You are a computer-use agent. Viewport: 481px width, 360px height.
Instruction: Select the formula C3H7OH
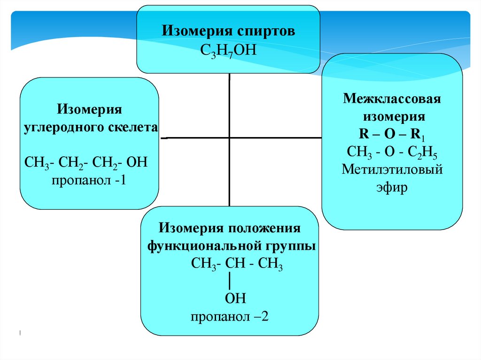228,49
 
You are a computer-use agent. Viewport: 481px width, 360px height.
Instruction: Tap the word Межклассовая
392,100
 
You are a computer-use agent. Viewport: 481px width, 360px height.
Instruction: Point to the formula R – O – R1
392,134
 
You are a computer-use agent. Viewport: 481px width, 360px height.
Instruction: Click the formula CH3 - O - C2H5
392,152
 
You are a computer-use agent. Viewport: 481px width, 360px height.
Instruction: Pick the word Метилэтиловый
392,169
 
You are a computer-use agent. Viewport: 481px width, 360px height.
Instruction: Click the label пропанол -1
86,180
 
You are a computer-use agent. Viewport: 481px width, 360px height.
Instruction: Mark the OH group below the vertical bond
235,299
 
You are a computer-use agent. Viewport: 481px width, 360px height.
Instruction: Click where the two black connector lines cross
229,138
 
